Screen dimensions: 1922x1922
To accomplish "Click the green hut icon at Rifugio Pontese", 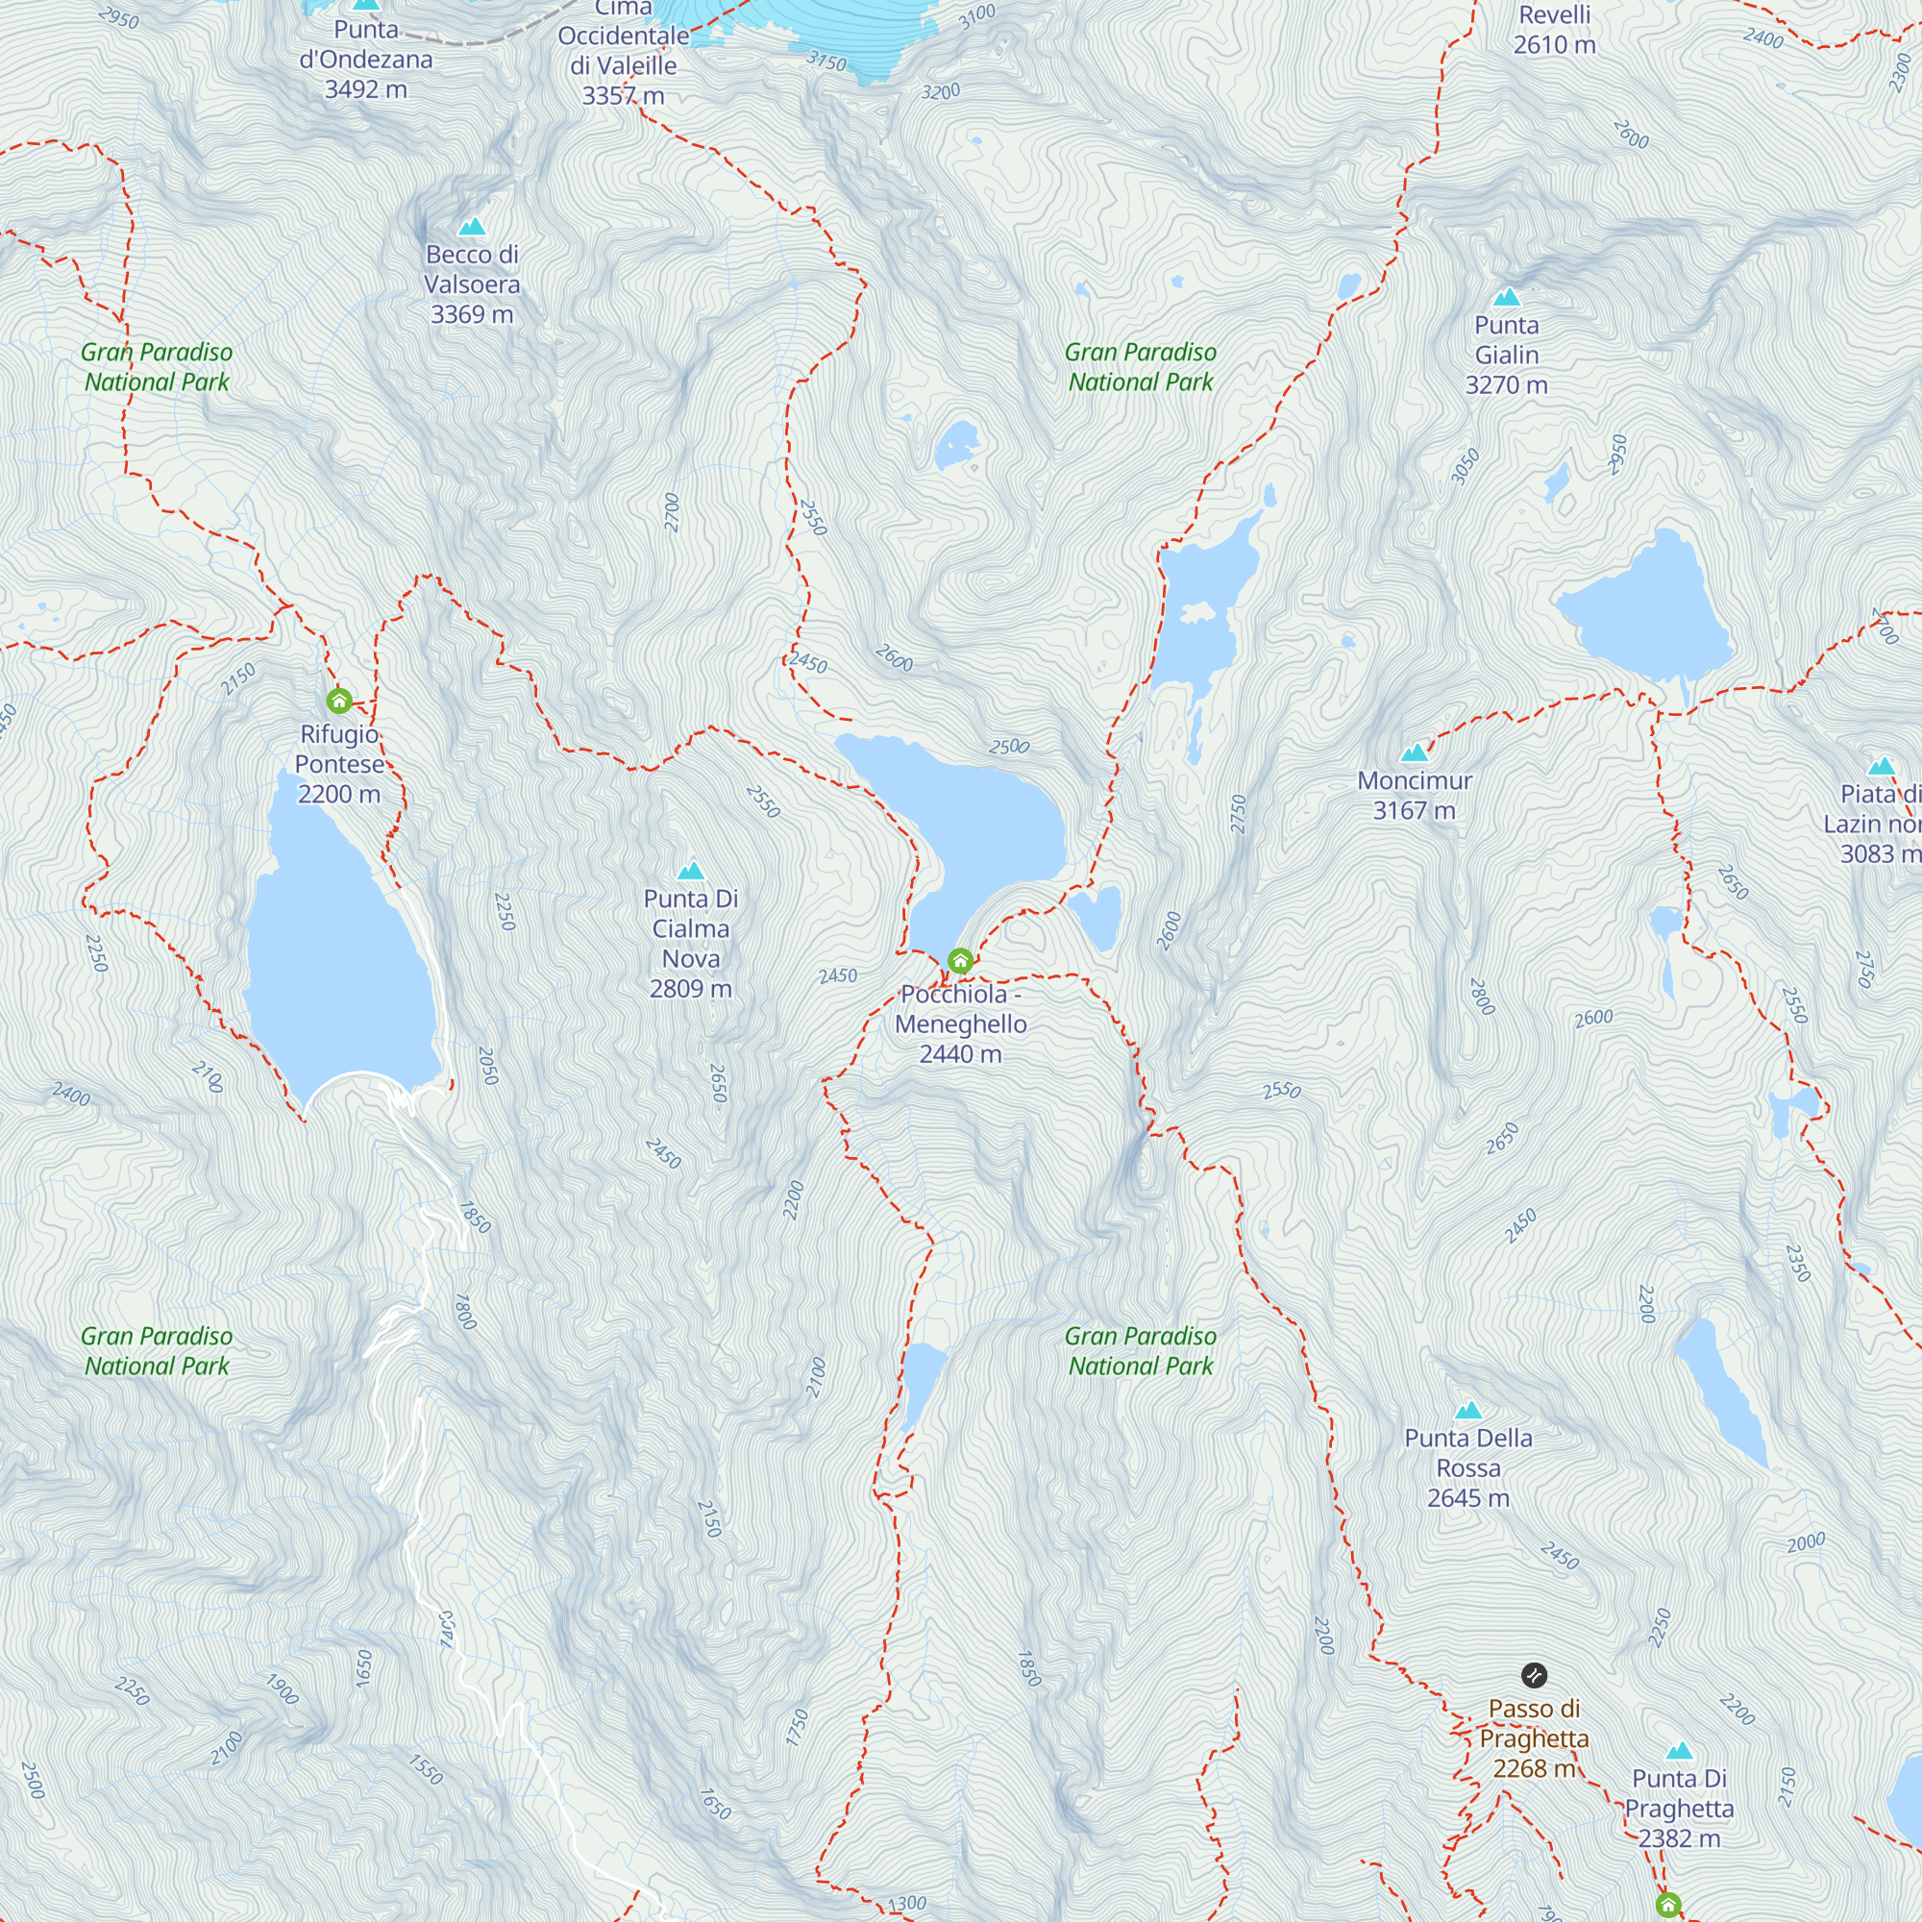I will (339, 702).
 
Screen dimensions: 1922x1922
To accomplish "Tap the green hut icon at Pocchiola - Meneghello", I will (960, 961).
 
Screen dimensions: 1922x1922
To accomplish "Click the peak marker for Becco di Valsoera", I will (472, 227).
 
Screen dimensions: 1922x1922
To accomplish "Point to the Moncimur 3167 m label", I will (1414, 795).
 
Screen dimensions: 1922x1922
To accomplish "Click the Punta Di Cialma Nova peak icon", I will (690, 872).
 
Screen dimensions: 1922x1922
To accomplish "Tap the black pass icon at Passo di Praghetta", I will (1534, 1675).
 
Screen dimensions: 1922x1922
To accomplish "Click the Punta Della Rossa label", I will (1467, 1467).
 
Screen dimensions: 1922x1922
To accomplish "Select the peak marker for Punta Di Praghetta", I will (1679, 1751).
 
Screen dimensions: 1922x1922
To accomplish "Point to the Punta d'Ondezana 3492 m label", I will (366, 60).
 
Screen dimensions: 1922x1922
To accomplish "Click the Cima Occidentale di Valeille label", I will (623, 52).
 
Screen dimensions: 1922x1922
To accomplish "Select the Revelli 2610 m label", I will (1554, 30).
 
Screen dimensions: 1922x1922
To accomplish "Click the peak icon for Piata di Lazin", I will (1881, 767).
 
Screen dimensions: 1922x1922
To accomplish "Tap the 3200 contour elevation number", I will (940, 92).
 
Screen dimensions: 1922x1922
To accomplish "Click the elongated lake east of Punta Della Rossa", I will (1721, 1392).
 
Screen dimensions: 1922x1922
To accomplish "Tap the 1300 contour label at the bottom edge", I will (905, 1904).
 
